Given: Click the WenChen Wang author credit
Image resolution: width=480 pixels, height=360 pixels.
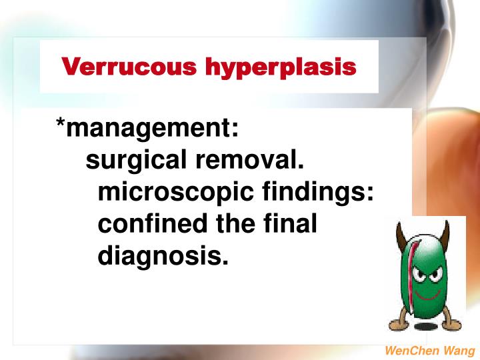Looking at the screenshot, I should pyautogui.click(x=430, y=351).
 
